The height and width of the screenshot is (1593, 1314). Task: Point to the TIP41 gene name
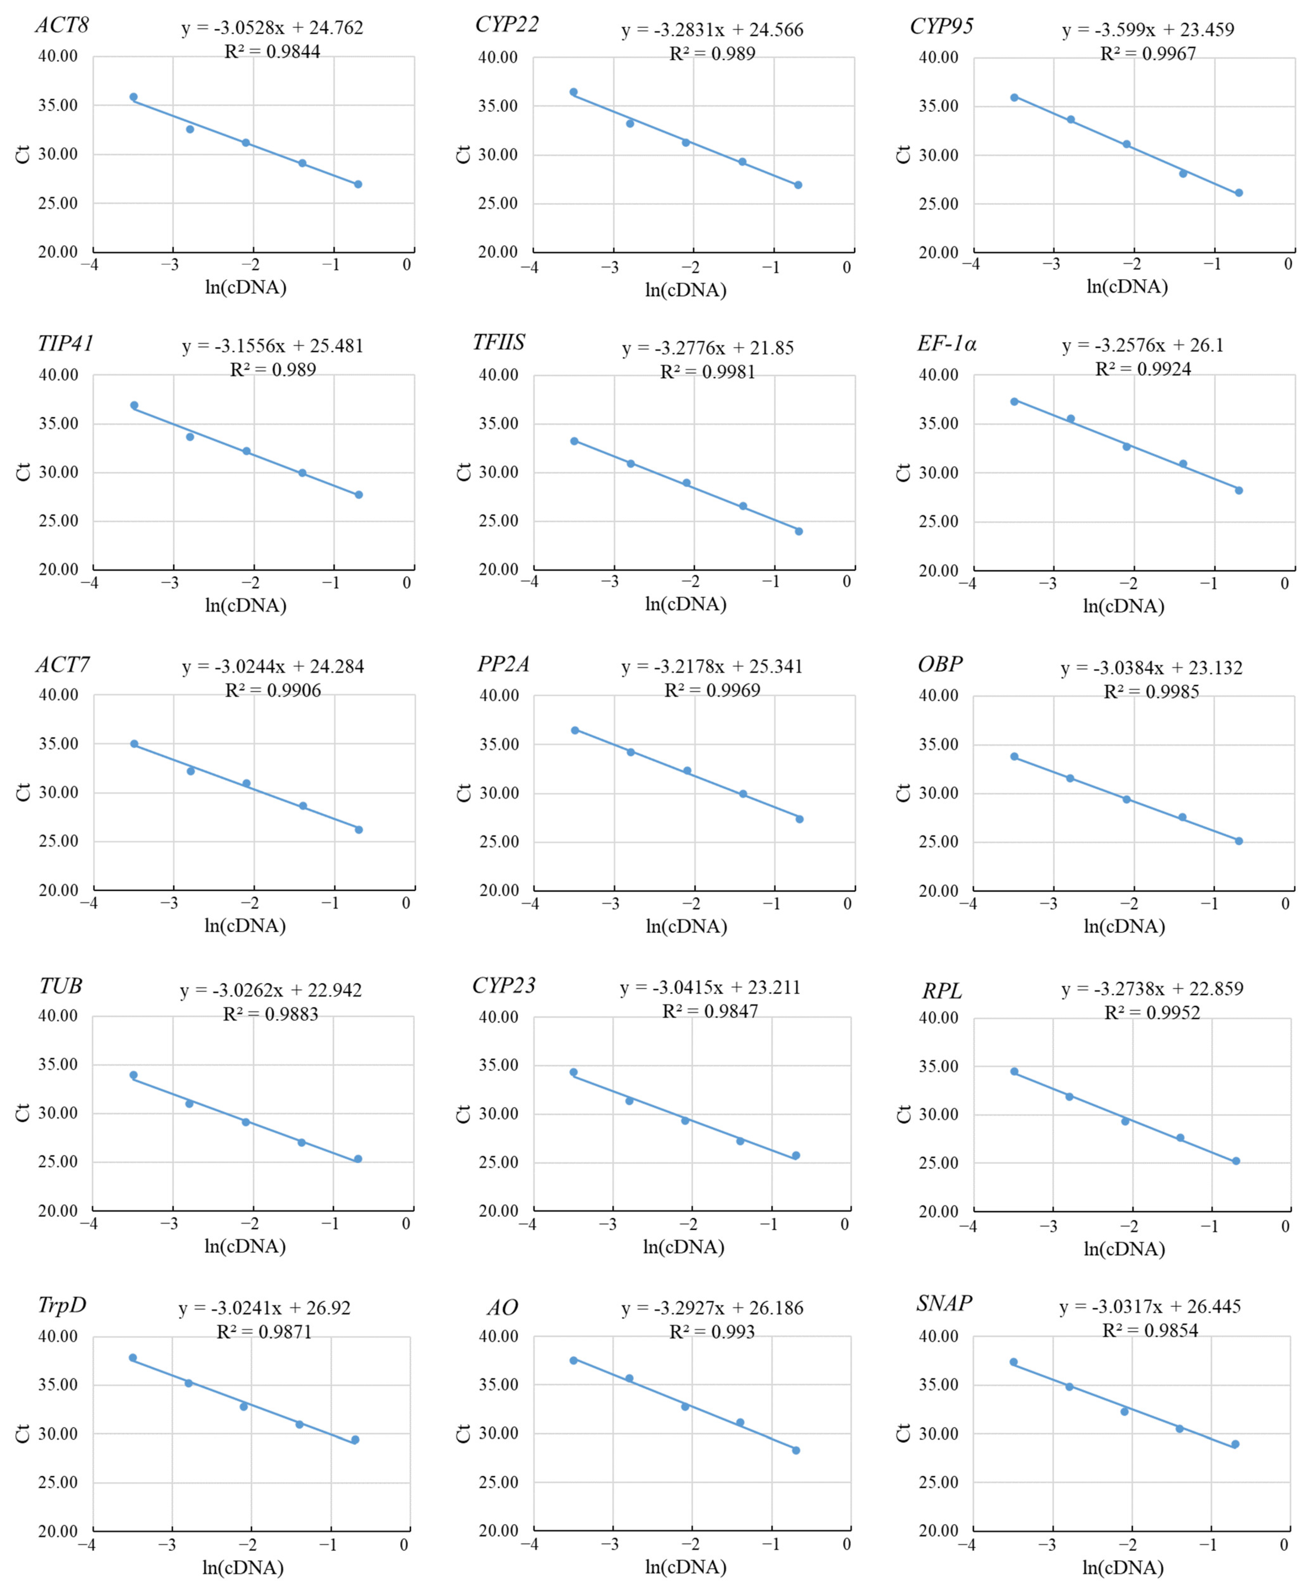(66, 344)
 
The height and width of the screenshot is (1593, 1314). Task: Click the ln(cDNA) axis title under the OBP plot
(1124, 926)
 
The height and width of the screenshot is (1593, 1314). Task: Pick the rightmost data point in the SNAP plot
(1235, 1444)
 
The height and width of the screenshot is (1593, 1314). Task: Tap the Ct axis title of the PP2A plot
(463, 792)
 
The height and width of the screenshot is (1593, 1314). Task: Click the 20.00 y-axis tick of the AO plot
(499, 1530)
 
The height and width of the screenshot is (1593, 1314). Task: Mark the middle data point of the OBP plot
(1126, 799)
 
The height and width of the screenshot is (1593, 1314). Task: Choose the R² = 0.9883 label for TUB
(270, 1014)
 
